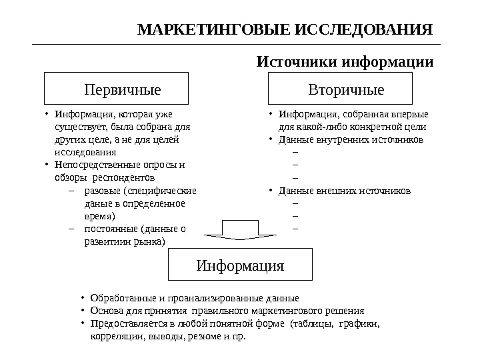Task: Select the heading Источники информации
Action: point(345,63)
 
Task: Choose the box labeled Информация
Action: point(240,266)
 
